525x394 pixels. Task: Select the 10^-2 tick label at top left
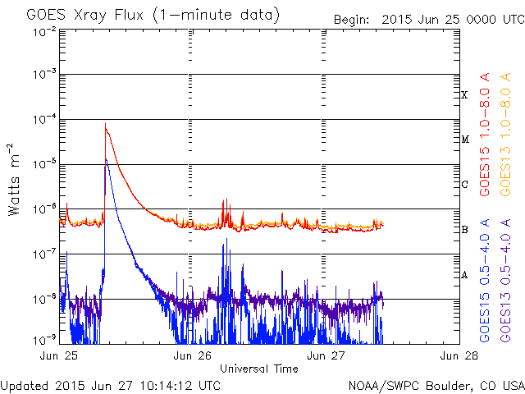pos(43,30)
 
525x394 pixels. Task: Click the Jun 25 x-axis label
pos(57,356)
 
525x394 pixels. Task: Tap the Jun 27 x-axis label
pos(322,356)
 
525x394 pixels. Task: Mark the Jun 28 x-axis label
pos(454,356)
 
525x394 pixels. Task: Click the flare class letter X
pos(464,95)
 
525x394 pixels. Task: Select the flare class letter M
pos(464,140)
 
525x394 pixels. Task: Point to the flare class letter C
pos(464,185)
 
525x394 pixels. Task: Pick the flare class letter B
pos(464,230)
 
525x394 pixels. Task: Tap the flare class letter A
pos(464,275)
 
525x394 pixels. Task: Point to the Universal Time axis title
pos(259,369)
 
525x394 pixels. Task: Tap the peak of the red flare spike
pos(105,124)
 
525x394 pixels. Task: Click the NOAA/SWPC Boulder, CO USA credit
pos(436,384)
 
